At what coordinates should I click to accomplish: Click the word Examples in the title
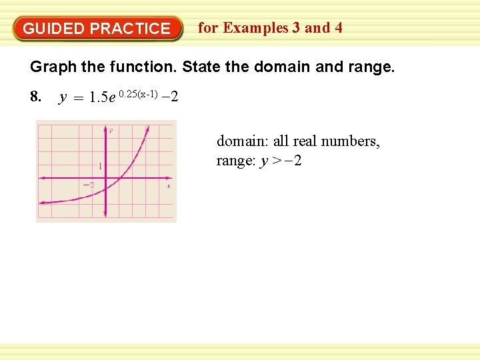(257, 28)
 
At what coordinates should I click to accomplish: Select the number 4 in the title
(339, 28)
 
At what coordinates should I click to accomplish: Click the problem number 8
(36, 98)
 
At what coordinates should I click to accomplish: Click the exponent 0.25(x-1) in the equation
(138, 93)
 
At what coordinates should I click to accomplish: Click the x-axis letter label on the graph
(168, 186)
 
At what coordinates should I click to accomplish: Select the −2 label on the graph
(89, 185)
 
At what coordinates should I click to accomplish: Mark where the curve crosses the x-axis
(121, 178)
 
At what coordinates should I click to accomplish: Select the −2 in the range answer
(293, 161)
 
